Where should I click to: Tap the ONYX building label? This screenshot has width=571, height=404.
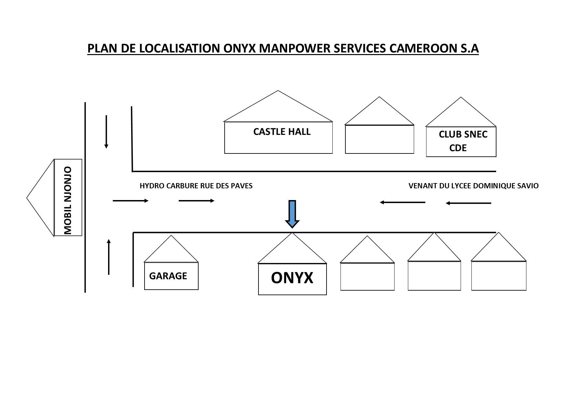[292, 278]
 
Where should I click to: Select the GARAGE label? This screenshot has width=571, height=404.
[168, 276]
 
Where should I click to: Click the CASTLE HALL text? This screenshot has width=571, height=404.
[282, 132]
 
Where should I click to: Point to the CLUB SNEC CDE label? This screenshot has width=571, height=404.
[462, 141]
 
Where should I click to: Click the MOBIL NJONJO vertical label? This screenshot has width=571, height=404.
[68, 200]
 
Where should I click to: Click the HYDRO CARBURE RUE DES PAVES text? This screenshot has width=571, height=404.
[196, 186]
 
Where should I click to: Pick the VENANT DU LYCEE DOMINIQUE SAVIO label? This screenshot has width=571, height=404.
[473, 186]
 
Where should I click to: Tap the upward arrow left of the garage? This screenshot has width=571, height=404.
[109, 257]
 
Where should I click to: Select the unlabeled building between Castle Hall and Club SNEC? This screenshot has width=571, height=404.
[379, 139]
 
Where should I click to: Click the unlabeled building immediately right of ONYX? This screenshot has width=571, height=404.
[367, 276]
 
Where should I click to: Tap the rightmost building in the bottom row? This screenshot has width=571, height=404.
[499, 275]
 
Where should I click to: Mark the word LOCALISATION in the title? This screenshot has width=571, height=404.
[180, 48]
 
